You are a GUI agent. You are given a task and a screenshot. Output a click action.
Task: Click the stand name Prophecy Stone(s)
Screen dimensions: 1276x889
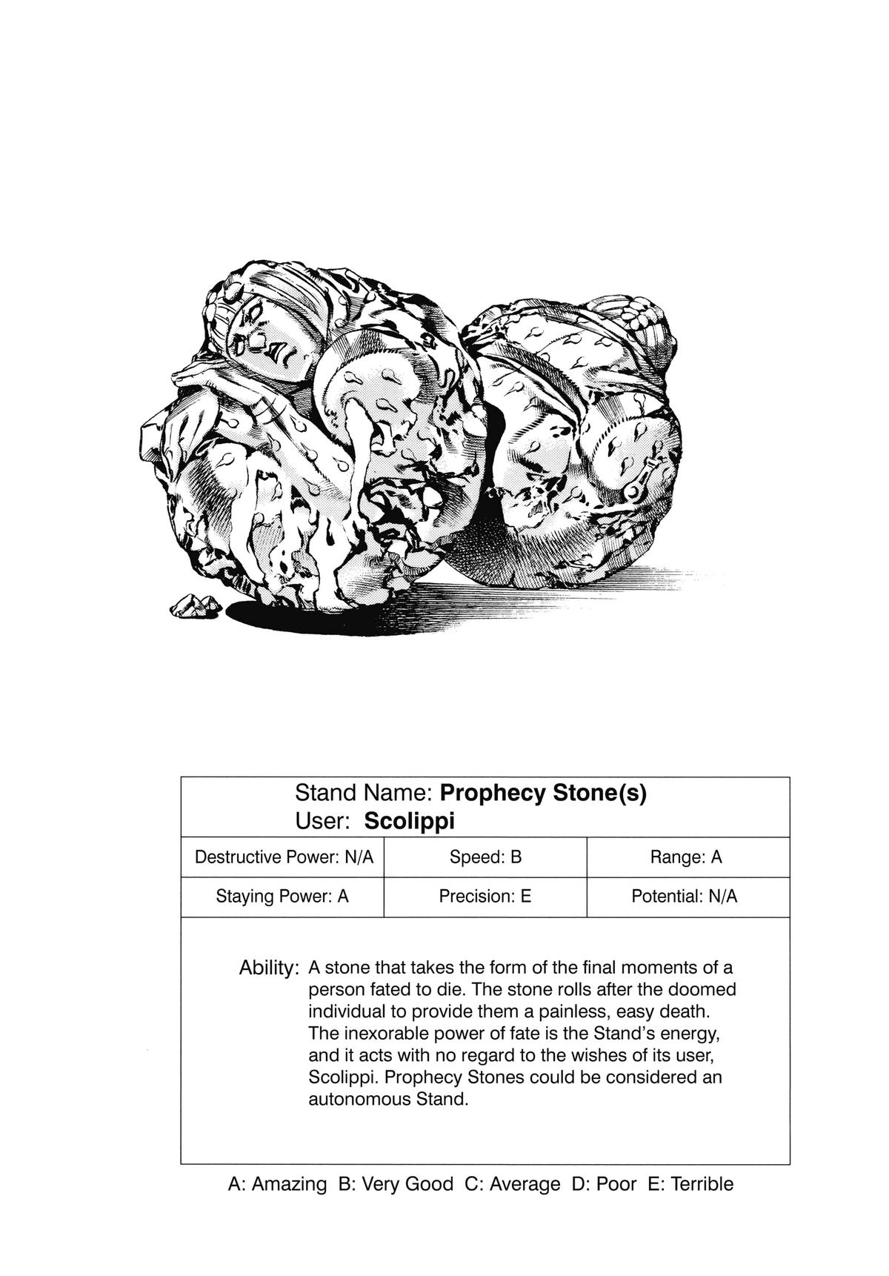[543, 793]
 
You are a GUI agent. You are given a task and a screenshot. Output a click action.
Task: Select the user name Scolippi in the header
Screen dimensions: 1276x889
[409, 821]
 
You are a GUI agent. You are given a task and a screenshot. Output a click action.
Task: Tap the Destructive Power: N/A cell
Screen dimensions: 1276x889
[284, 857]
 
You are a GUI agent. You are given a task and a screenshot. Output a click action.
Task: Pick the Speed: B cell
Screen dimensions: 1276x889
[485, 857]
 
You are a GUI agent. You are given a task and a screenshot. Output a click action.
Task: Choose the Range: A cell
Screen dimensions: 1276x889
[686, 857]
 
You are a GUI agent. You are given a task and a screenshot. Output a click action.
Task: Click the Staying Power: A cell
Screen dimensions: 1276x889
[282, 897]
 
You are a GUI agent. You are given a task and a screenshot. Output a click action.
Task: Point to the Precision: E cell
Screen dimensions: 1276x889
[485, 897]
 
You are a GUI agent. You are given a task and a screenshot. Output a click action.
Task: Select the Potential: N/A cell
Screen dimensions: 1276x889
[685, 897]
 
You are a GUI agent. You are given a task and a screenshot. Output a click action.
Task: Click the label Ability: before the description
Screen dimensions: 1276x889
[269, 968]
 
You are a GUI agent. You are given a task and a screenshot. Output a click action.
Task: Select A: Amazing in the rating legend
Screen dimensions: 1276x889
[277, 1184]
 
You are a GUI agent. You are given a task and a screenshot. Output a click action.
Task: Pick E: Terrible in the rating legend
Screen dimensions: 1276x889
[690, 1184]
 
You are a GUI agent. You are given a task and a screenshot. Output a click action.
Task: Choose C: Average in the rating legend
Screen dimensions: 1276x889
[513, 1184]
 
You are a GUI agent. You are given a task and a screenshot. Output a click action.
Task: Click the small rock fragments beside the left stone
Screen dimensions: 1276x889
[195, 606]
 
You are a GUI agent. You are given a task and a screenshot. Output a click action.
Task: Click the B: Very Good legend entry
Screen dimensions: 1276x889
[396, 1184]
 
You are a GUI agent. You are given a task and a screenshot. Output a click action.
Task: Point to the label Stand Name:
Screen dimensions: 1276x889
[363, 793]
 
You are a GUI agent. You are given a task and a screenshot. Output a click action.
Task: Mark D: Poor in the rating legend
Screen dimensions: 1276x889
[604, 1184]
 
